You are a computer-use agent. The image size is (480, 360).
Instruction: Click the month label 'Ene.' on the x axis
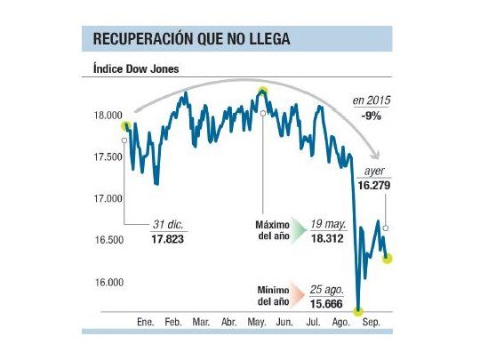coord(145,321)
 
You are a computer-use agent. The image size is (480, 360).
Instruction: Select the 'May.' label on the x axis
coord(257,321)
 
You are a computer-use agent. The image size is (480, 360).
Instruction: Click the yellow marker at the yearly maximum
coord(262,92)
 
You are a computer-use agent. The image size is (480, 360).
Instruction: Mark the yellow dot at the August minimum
coord(358,310)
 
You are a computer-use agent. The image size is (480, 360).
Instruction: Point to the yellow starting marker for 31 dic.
coord(126,126)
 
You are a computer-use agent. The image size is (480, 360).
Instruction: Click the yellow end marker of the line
coord(388,258)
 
